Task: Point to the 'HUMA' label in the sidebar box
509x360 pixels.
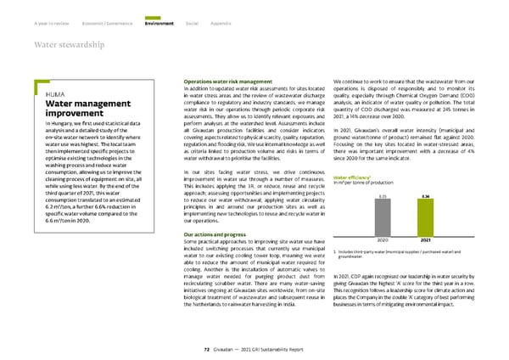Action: click(x=44, y=93)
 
